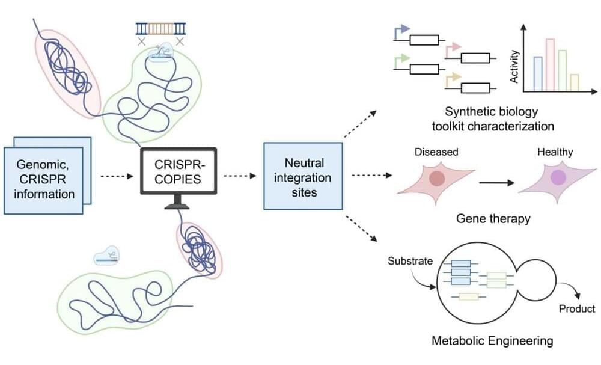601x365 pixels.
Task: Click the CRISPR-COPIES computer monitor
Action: (178, 171)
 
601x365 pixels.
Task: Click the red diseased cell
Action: (437, 179)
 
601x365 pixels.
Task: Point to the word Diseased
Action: (436, 152)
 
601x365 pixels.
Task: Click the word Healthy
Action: (555, 152)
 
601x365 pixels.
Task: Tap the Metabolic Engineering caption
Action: (492, 341)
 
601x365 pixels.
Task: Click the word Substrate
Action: (409, 262)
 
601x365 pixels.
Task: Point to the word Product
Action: (576, 309)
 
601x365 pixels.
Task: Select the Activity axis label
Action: (514, 66)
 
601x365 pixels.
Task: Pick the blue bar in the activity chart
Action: (538, 73)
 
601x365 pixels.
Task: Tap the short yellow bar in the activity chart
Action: (574, 82)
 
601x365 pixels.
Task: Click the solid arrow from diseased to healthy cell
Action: (495, 181)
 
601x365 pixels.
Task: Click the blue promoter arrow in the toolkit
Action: (400, 30)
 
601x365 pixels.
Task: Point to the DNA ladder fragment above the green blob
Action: (160, 28)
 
